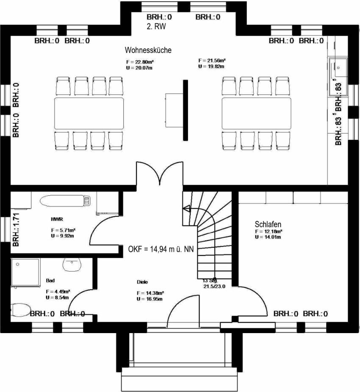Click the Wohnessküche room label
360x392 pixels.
[148, 50]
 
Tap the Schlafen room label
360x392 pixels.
[268, 224]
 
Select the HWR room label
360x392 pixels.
[56, 220]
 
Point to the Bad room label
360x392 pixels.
[50, 281]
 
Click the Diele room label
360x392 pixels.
[142, 282]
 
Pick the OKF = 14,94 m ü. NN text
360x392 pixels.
[161, 249]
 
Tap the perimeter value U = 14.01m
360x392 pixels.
[269, 237]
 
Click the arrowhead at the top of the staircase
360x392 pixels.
[185, 208]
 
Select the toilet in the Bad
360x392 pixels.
[19, 310]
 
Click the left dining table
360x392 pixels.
[89, 114]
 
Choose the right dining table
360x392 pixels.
[257, 114]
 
